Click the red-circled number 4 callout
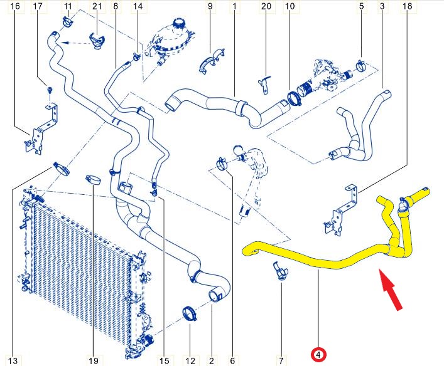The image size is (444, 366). point(318,355)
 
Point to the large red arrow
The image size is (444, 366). point(391,290)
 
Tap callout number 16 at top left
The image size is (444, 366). point(15,6)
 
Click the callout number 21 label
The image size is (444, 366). point(97,6)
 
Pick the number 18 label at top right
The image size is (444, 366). point(407,6)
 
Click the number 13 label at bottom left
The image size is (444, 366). point(13,360)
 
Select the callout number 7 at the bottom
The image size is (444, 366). point(281,360)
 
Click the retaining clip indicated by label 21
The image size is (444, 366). point(97,41)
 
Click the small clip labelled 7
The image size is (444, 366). point(280,271)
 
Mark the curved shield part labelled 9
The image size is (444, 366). point(212,61)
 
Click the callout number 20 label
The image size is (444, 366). point(266,6)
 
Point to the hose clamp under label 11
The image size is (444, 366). point(68,22)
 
